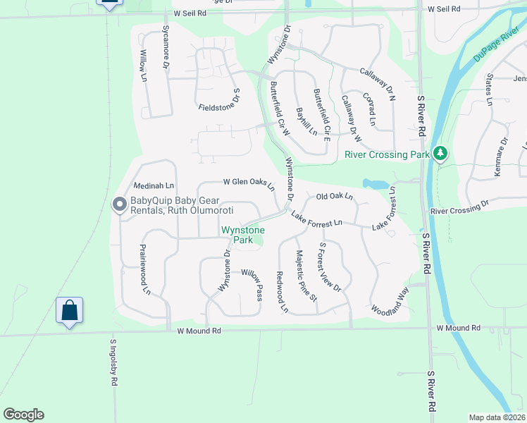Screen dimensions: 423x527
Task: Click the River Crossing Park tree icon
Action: point(440,153)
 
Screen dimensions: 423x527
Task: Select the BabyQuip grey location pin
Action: point(119,204)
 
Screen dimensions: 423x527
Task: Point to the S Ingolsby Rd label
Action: point(113,364)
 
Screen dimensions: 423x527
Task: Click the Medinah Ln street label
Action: point(154,185)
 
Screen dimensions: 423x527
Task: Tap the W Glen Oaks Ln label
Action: point(249,183)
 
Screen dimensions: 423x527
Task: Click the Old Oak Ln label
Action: point(334,197)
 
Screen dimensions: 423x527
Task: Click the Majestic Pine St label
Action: point(306,276)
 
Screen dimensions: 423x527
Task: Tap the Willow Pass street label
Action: point(252,283)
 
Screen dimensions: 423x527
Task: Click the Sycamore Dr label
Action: point(166,46)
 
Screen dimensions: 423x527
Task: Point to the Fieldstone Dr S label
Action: point(220,103)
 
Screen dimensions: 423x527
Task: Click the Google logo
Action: point(23,415)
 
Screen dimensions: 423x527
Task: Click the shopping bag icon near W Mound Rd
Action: point(70,310)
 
